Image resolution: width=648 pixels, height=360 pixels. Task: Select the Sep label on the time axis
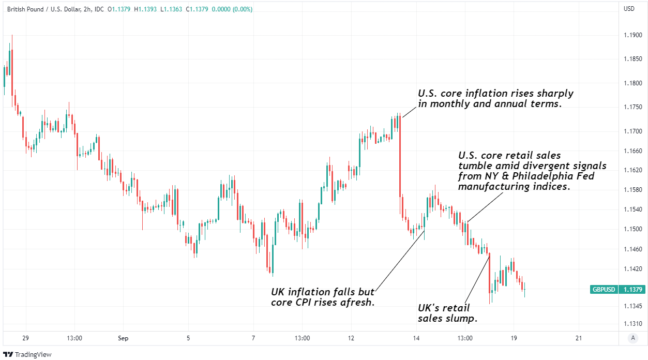[x=123, y=338]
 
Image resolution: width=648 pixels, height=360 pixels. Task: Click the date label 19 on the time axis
[x=514, y=338]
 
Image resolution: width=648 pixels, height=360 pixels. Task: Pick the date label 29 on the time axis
[x=25, y=338]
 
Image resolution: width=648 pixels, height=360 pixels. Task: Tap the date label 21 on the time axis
[x=579, y=338]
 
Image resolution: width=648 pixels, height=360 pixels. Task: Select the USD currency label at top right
[x=629, y=8]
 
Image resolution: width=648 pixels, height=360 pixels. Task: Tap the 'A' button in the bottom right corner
[x=632, y=338]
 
